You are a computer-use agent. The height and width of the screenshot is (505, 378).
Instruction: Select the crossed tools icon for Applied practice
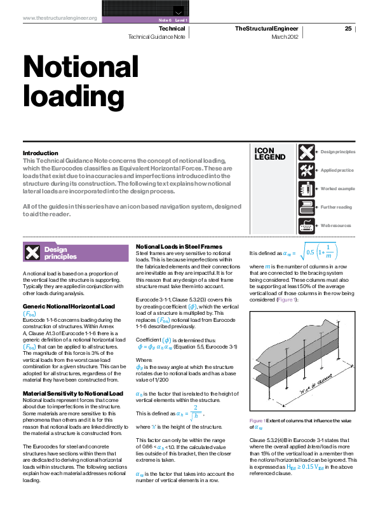(306, 170)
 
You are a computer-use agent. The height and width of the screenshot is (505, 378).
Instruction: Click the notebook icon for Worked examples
(306, 189)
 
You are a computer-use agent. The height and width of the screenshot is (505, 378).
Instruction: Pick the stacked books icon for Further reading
(306, 207)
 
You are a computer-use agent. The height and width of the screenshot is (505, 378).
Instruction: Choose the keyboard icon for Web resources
(306, 226)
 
